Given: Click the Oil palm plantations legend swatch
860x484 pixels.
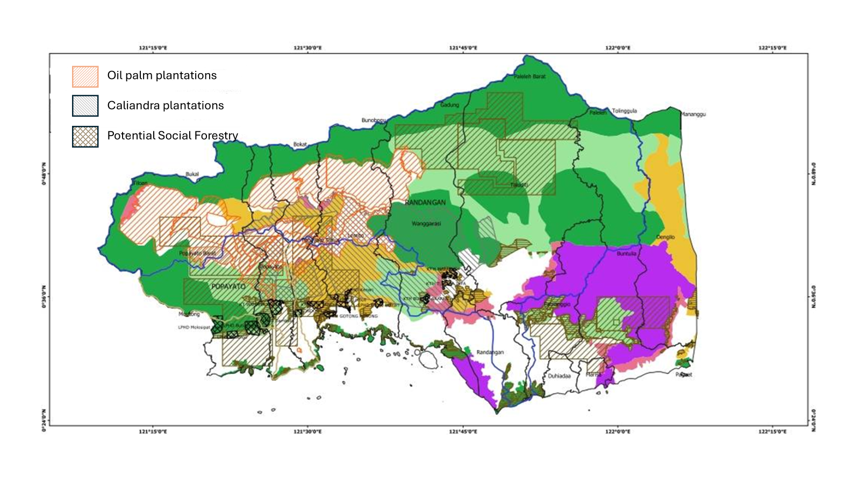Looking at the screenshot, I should point(85,76).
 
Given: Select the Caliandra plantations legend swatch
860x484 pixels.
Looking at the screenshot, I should point(85,106).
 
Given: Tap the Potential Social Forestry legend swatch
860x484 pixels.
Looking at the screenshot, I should point(85,137).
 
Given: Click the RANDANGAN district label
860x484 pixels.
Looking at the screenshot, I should point(425,203).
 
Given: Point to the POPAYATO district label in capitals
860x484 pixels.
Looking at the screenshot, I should point(228,287).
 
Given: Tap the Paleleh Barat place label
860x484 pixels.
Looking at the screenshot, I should point(529,76).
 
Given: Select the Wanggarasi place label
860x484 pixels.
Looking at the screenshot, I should point(426,223).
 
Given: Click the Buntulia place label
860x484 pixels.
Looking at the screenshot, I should point(626,253).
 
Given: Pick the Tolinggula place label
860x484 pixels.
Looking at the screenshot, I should point(624,111).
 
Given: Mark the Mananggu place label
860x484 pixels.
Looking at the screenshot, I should point(693,115).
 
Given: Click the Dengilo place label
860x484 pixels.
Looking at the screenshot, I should point(665,237).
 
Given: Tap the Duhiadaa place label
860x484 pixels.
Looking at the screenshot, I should point(559,376).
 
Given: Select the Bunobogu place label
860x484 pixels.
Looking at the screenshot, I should point(374,120).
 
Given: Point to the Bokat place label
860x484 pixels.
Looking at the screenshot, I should point(300,145).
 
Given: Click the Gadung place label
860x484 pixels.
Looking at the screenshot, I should point(450,105).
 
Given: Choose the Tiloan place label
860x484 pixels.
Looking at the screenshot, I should point(140,183).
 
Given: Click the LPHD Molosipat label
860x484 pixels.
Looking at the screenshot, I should point(194,327).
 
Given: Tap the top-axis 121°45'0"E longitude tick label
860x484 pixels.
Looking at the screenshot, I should point(463,48).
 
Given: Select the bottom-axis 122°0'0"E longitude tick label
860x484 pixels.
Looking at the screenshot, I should point(618,431).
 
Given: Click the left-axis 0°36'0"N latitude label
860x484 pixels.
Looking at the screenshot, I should point(44,296).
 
